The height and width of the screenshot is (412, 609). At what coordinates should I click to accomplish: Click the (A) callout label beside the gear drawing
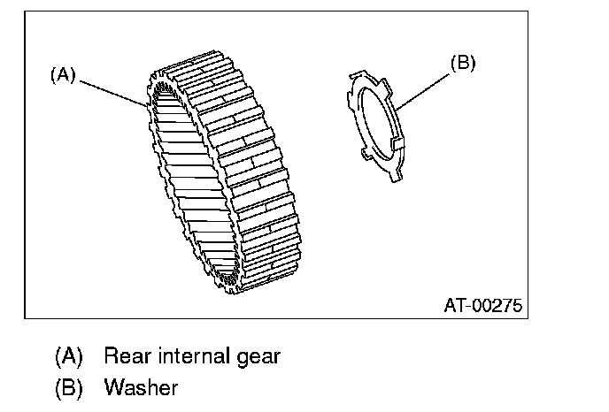(x=62, y=75)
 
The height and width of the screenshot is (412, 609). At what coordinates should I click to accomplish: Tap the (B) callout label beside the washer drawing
(x=463, y=64)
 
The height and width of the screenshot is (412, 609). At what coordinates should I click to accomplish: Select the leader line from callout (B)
(x=426, y=88)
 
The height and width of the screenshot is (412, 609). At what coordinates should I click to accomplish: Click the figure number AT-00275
(x=482, y=306)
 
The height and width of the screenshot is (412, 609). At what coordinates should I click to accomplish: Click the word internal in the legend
(x=190, y=356)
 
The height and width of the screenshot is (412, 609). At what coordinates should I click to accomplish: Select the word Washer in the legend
(x=141, y=386)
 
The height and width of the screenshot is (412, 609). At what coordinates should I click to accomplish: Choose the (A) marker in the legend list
(x=68, y=356)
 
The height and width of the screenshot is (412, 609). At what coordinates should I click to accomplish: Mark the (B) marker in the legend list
(x=68, y=386)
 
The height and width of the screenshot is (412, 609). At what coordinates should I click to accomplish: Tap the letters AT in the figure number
(x=453, y=306)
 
